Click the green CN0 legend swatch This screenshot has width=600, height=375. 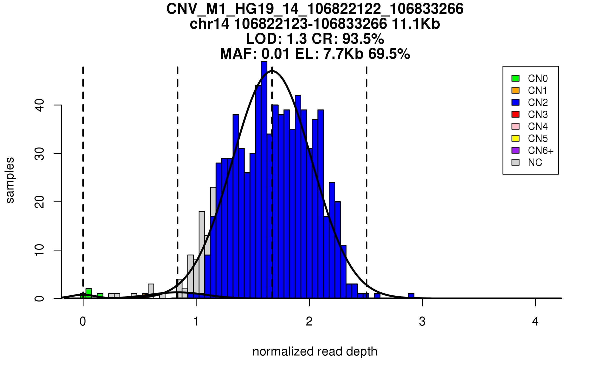(x=515, y=78)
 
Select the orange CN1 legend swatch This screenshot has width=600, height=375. (x=515, y=90)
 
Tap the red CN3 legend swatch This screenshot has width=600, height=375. (x=515, y=114)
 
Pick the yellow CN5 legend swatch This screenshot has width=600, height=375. (x=515, y=138)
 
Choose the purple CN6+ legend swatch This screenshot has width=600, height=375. (x=515, y=150)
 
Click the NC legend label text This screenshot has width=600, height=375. (x=535, y=162)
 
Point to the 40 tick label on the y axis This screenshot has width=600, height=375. (x=40, y=105)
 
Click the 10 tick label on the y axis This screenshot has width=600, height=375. (x=40, y=250)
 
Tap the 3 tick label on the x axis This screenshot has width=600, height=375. (x=422, y=321)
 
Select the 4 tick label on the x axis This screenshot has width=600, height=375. (x=535, y=321)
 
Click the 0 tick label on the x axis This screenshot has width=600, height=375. (x=83, y=321)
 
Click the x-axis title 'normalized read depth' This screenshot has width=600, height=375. (x=315, y=351)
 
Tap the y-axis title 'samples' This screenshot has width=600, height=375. (x=10, y=180)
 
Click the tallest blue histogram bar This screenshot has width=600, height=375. (x=264, y=180)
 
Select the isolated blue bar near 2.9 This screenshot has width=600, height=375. (x=411, y=296)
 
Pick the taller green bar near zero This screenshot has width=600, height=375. (x=89, y=293)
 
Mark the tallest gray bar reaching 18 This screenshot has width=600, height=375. (x=202, y=255)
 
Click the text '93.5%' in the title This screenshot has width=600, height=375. (x=363, y=39)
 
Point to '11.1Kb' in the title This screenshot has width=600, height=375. (x=416, y=24)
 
